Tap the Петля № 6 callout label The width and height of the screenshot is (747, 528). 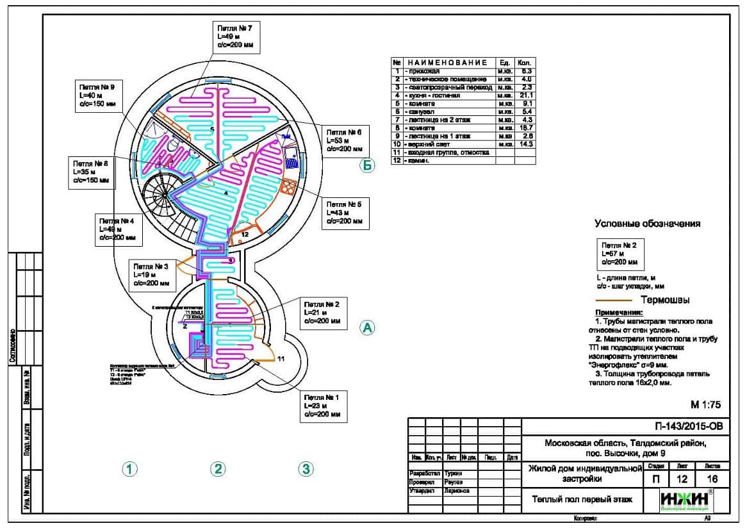point(345,140)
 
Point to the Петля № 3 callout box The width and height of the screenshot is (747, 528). point(152,275)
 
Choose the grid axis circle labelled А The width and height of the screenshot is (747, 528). point(367,327)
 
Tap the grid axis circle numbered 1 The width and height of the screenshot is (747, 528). point(130,469)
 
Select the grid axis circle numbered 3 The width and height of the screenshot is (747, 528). point(306,469)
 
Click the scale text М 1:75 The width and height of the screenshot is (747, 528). point(705,404)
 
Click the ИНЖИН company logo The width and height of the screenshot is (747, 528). point(686,500)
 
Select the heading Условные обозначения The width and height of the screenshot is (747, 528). point(647,224)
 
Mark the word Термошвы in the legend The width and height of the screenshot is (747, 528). point(665,300)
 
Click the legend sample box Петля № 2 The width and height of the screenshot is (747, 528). point(620,254)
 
